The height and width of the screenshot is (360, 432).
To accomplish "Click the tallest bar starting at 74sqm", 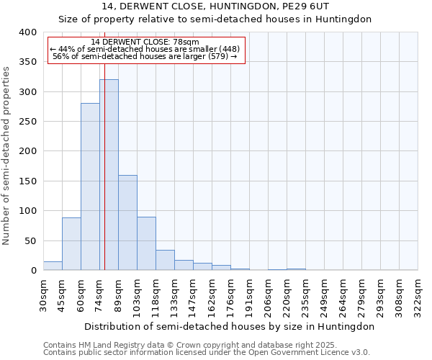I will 109,175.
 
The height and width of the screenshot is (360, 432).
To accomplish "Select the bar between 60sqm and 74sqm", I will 90,187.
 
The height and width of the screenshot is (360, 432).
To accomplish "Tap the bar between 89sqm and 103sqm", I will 127,222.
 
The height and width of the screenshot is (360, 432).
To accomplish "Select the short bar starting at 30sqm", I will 53,266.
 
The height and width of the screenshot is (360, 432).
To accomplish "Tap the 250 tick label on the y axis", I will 27,122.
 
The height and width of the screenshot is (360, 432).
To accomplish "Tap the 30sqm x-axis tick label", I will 44,292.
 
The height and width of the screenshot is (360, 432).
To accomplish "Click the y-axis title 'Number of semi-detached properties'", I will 6,155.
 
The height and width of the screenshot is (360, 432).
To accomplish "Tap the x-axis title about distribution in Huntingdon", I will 230,326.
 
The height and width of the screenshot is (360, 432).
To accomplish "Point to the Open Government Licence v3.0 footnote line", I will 207,353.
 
